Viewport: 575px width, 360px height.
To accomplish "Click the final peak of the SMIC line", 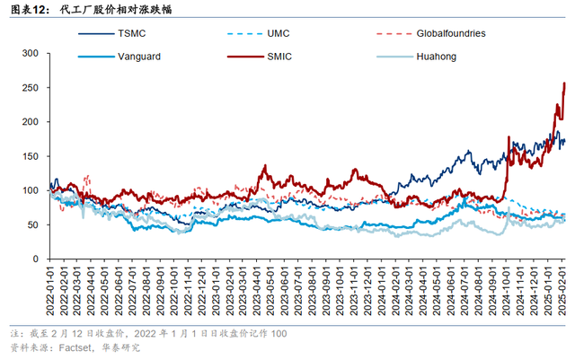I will tap(563, 83).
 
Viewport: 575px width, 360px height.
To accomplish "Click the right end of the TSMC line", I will tap(564, 141).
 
